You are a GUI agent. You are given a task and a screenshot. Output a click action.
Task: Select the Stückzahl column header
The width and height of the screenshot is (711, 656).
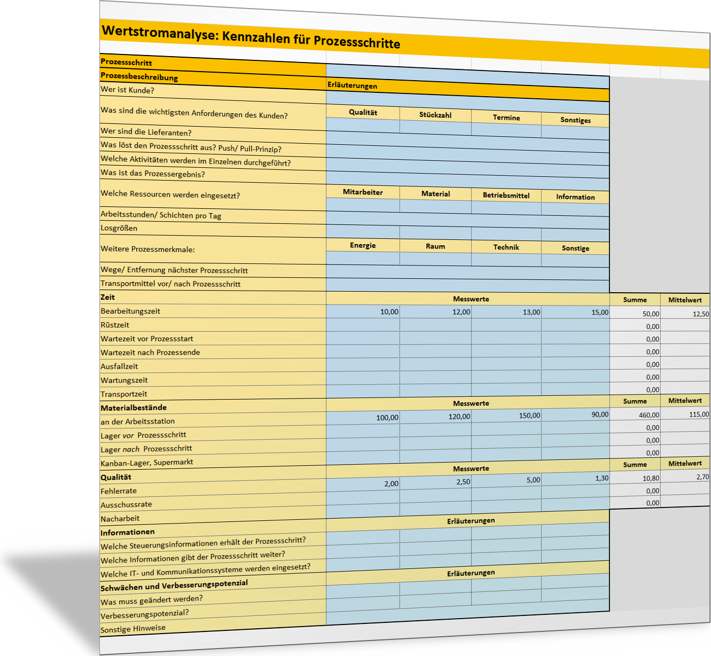point(435,115)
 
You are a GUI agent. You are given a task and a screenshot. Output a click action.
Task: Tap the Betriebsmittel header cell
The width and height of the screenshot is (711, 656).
point(506,196)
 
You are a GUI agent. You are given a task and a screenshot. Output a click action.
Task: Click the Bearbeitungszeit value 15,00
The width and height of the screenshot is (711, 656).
point(599,313)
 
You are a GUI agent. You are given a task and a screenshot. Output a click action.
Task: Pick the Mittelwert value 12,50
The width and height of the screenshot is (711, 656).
point(700,314)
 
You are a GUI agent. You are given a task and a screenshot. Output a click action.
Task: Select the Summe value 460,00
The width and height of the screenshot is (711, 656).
point(649,415)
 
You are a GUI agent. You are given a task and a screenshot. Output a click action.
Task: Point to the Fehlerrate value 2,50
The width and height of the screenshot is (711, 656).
point(463,482)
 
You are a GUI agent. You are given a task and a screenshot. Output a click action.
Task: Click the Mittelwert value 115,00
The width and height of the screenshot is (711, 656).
point(699,415)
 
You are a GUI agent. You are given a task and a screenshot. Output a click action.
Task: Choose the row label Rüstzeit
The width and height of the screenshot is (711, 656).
point(115,325)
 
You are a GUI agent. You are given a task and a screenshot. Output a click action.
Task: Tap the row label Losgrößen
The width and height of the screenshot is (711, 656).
point(119,228)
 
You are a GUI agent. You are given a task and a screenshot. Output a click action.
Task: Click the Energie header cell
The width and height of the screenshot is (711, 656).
point(363,245)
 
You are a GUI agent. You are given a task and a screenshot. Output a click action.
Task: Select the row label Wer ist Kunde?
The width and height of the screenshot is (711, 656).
point(127,90)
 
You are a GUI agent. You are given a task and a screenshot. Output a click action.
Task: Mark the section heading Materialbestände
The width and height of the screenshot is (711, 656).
point(134,408)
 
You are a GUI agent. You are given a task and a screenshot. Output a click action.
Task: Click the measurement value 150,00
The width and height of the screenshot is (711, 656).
point(529,416)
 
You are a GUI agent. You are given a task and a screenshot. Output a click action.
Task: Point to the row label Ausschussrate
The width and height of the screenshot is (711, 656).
point(126,504)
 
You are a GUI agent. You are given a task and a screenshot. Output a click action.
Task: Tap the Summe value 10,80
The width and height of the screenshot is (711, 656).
point(651,479)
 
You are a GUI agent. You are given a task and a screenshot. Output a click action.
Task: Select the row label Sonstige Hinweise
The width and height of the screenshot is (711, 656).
point(133,629)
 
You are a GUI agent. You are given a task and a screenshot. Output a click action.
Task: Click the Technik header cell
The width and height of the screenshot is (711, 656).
point(506,247)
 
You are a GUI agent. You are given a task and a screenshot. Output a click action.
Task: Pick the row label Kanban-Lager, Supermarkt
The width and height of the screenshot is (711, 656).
point(147,463)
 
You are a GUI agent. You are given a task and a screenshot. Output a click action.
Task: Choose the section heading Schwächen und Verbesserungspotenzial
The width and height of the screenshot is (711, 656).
point(174,585)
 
